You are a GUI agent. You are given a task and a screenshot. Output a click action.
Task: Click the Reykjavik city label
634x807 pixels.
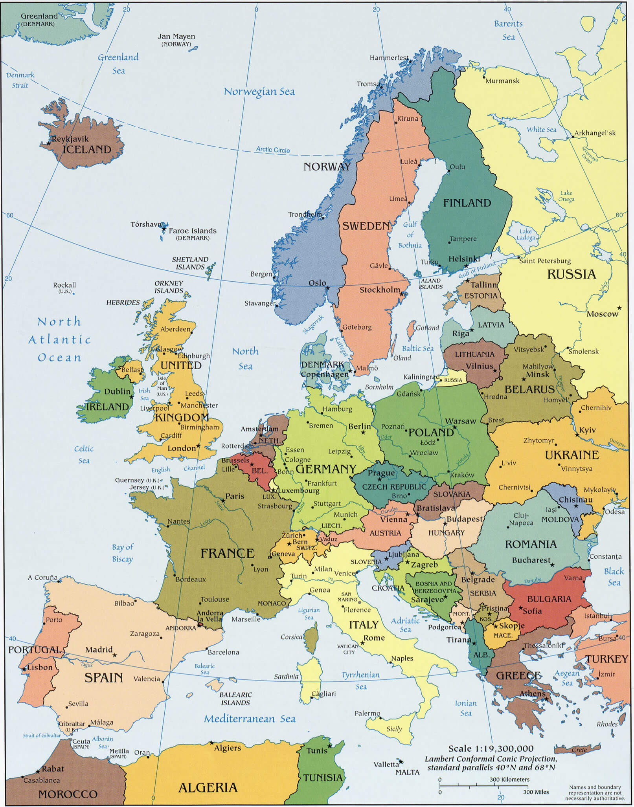tap(70, 139)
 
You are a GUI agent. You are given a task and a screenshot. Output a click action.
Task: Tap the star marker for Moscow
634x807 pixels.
tap(619, 308)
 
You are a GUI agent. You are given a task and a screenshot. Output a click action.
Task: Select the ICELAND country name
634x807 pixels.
tap(87, 150)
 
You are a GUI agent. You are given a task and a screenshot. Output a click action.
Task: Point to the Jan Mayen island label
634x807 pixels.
tap(176, 36)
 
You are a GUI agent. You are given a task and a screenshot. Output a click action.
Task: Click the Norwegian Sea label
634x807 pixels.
tap(259, 92)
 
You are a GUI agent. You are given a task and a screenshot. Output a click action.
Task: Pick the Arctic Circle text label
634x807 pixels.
tap(273, 150)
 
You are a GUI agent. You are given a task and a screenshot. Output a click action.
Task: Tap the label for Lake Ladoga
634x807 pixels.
tap(526, 235)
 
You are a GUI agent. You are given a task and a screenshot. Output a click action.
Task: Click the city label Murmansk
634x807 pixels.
tap(502, 81)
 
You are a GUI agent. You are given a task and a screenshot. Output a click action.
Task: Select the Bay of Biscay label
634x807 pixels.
tap(122, 553)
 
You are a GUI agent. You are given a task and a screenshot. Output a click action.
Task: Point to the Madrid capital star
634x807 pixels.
tap(114, 655)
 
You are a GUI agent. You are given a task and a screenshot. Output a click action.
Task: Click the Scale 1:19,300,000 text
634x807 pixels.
tap(491, 748)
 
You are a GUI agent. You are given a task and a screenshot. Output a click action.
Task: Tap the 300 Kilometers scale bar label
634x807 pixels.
tap(509, 779)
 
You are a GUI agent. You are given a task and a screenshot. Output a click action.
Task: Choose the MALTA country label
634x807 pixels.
tap(407, 772)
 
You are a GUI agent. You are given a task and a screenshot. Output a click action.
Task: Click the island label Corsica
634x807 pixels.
tap(291, 637)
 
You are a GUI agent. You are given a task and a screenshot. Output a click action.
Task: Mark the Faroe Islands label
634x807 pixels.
tap(193, 231)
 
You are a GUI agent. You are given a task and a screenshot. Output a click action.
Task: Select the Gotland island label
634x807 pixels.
tap(427, 328)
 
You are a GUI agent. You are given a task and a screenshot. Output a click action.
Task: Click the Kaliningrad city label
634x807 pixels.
tap(421, 377)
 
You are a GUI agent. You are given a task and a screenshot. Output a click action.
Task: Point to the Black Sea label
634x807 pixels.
tap(614, 577)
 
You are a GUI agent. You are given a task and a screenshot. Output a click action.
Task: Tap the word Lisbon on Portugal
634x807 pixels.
tap(40, 667)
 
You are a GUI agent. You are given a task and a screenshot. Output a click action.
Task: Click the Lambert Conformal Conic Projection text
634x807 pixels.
tap(491, 759)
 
